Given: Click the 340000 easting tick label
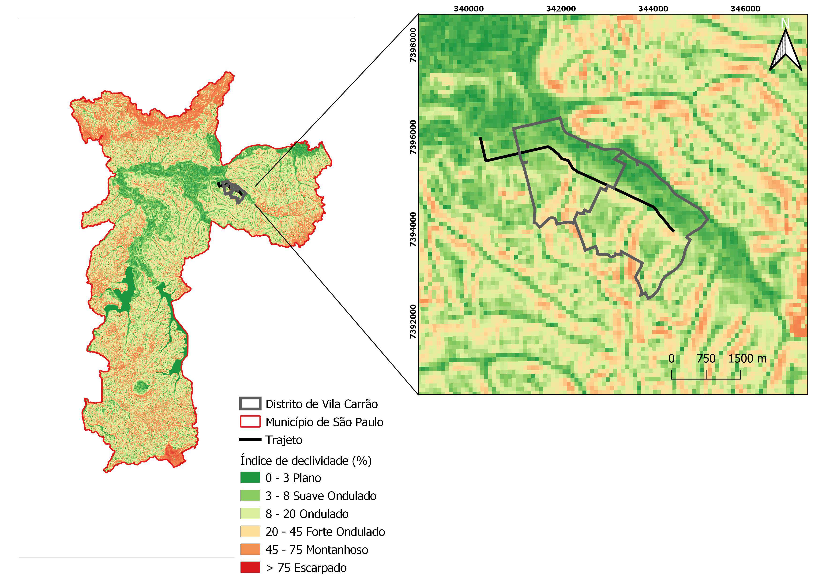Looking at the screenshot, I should click(468, 9).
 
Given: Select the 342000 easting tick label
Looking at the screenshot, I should click(561, 9).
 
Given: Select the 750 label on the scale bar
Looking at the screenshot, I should click(706, 358).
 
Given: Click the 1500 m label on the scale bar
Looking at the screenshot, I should click(747, 358).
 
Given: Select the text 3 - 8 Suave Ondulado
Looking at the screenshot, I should click(321, 496).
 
